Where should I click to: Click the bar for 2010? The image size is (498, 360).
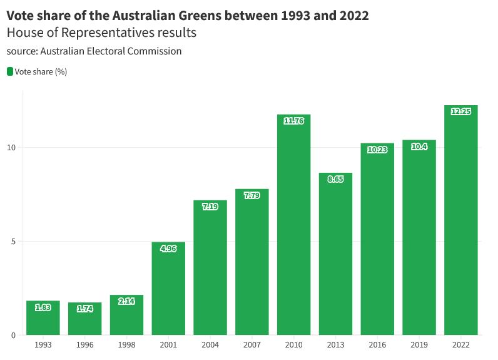point(293,225)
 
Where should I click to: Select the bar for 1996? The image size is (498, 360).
point(84,319)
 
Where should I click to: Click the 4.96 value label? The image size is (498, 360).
point(168,249)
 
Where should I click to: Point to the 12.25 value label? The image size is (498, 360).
point(460,111)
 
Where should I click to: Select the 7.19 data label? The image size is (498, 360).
point(210,207)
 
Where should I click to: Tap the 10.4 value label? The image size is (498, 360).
point(419,147)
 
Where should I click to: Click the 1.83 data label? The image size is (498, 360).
point(43,307)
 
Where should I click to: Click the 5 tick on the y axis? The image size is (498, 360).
point(13,242)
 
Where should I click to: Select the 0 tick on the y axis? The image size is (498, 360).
point(13,336)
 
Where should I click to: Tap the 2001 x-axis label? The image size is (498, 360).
point(168,345)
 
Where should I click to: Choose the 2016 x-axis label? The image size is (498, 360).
point(377,345)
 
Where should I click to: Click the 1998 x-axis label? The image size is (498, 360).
point(126,345)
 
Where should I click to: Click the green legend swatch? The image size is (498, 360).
point(10,71)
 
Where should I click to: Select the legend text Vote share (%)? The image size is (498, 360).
point(41,71)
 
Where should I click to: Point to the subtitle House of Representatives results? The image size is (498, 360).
point(101,33)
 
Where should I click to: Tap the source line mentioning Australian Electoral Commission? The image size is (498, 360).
point(94,51)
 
